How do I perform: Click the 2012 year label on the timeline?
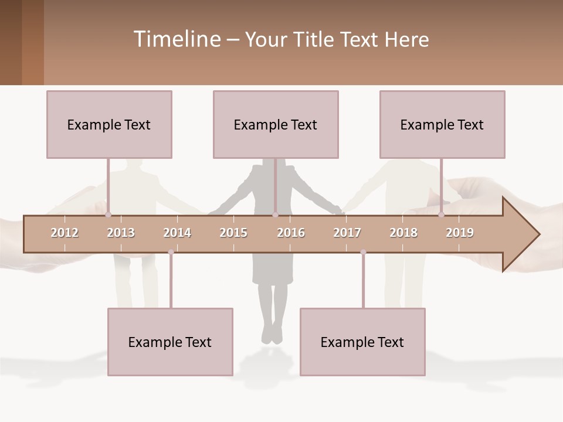pyautogui.click(x=65, y=233)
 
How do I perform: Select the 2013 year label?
pyautogui.click(x=121, y=233)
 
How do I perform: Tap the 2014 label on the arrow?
pyautogui.click(x=177, y=233)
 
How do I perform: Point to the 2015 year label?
pyautogui.click(x=233, y=233)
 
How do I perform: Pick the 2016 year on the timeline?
pyautogui.click(x=291, y=233)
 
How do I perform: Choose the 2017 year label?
pyautogui.click(x=347, y=233)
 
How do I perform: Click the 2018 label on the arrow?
pyautogui.click(x=403, y=233)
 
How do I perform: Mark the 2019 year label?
pyautogui.click(x=460, y=233)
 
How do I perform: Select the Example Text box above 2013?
pyautogui.click(x=109, y=124)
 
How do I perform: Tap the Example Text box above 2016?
pyautogui.click(x=276, y=124)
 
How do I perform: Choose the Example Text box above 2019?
pyautogui.click(x=442, y=124)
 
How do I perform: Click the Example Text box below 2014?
pyautogui.click(x=170, y=342)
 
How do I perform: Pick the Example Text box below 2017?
pyautogui.click(x=362, y=342)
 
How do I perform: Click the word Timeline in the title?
pyautogui.click(x=176, y=39)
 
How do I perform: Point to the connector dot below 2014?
pyautogui.click(x=171, y=252)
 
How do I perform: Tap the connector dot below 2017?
pyautogui.click(x=363, y=252)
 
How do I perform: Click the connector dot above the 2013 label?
pyautogui.click(x=108, y=215)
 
